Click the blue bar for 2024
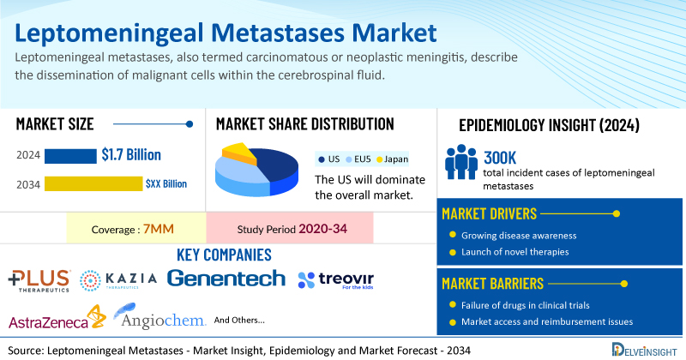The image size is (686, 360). tap(70, 156)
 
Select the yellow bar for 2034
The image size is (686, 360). tap(93, 183)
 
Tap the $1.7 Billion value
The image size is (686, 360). tap(131, 155)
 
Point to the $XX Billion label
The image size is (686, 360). tap(166, 183)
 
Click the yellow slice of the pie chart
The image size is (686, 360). tap(238, 153)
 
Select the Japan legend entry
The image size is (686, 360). tap(393, 159)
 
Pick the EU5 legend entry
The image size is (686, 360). tap(358, 159)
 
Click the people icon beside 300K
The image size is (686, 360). tap(461, 162)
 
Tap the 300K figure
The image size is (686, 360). tap(500, 158)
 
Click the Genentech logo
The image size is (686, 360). tap(226, 279)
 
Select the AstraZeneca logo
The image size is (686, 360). tap(57, 318)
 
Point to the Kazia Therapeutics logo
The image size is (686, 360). tap(118, 280)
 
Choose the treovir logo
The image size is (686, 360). tap(336, 280)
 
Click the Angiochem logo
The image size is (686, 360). tap(159, 315)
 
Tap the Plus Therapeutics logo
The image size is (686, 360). tap(39, 281)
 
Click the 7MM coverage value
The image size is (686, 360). tap(159, 229)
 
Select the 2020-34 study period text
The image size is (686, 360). tap(323, 229)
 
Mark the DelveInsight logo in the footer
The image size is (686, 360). tap(644, 349)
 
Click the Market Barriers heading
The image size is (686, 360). tap(492, 284)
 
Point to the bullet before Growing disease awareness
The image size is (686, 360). tap(453, 235)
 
